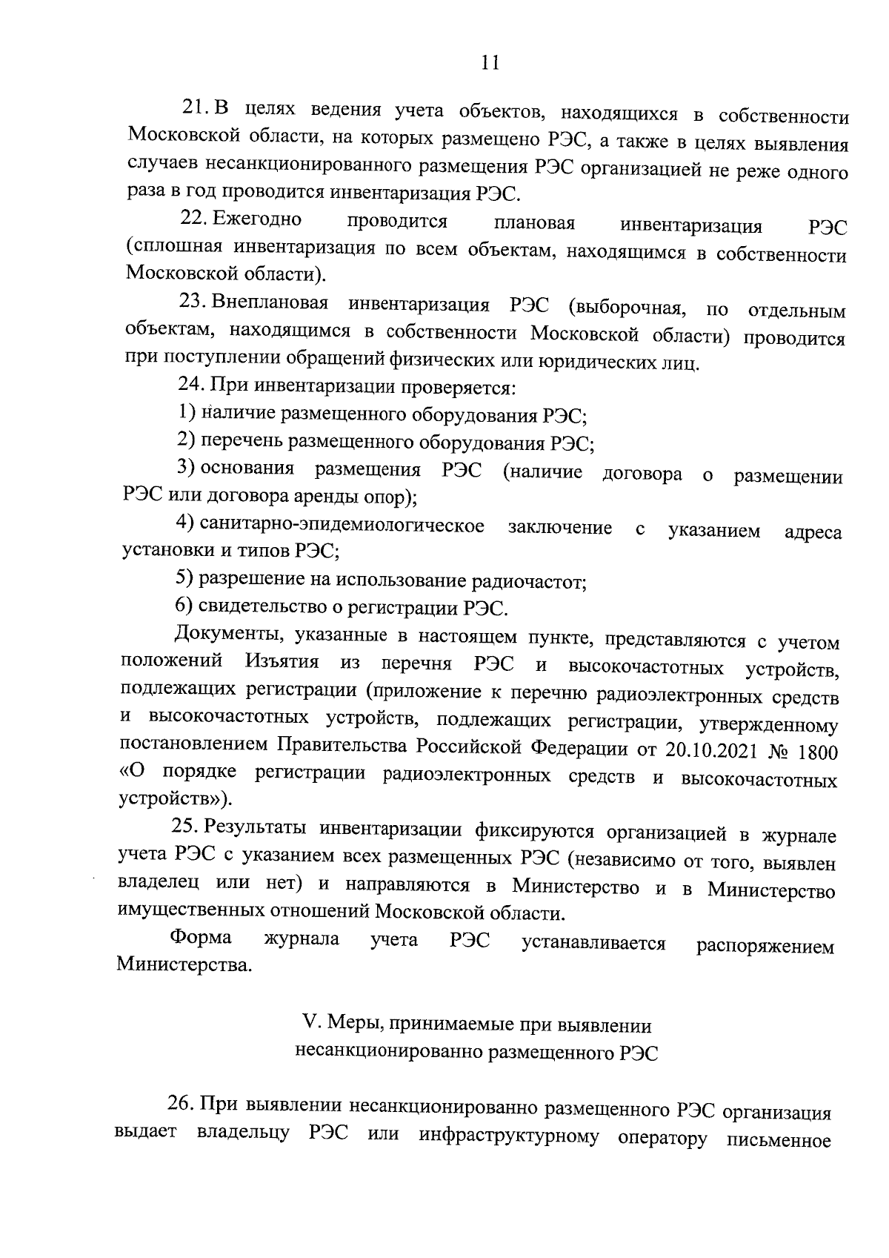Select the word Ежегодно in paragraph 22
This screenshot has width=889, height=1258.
pos(257,219)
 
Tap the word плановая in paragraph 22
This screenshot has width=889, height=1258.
pos(534,223)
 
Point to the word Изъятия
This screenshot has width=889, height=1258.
pos(281,661)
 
